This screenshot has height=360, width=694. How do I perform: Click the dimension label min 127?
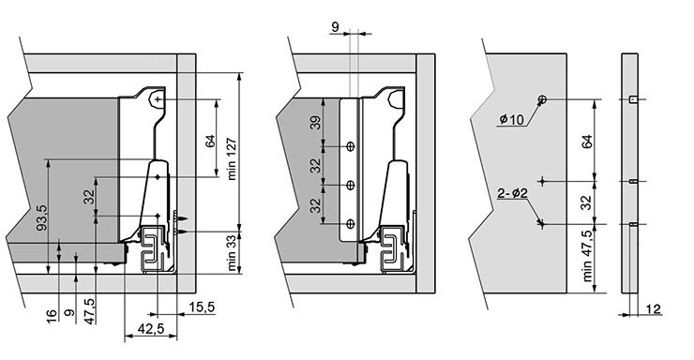point(232,159)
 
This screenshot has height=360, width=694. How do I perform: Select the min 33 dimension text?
point(232,254)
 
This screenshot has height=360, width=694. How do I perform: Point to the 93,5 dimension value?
point(41,217)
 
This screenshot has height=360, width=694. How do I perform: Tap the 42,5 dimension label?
point(151,328)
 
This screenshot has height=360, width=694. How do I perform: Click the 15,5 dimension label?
point(202,307)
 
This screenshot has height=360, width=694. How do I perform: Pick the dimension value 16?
point(52,316)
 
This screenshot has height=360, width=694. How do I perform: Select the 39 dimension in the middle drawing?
point(315,123)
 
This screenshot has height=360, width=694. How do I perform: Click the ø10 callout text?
point(511,119)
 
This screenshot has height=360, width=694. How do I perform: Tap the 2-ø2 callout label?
point(513,193)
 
